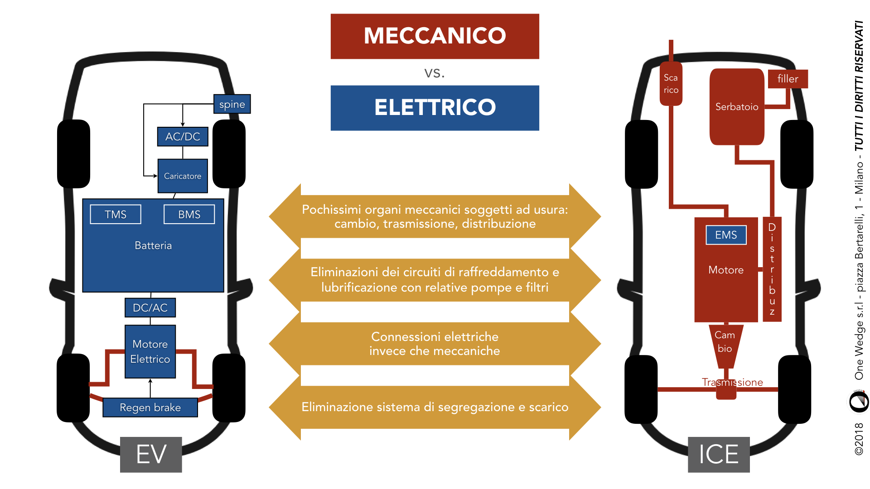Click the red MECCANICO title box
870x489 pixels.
[x=435, y=36]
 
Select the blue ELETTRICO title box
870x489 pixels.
[x=435, y=108]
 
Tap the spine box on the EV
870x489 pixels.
[x=232, y=104]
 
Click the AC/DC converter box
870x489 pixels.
[x=183, y=136]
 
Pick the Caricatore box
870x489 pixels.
[x=183, y=176]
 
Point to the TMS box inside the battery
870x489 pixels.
[x=116, y=214]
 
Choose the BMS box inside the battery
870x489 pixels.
[x=189, y=214]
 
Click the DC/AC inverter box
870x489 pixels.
[x=150, y=308]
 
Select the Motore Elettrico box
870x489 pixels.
[x=150, y=351]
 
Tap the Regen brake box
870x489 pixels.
[x=150, y=407]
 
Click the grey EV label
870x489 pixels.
[x=151, y=455]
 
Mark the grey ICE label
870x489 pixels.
[x=719, y=455]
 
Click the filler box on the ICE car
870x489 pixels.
[x=788, y=79]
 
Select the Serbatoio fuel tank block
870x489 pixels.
[x=737, y=107]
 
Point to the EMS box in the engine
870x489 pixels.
[x=726, y=235]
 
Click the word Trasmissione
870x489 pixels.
[x=732, y=382]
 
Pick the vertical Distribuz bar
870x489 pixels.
[x=772, y=269]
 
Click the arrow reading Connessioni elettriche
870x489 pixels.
[x=435, y=344]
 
